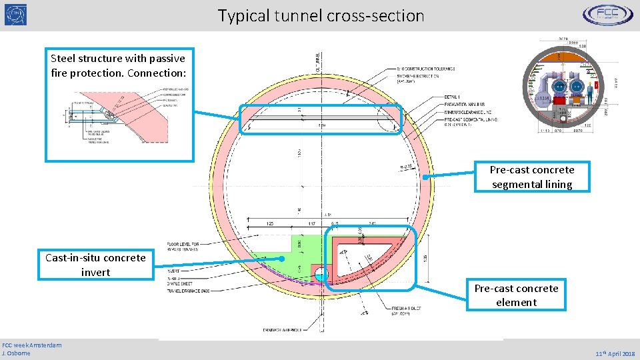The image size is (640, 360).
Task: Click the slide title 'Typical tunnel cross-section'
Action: pyautogui.click(x=321, y=15)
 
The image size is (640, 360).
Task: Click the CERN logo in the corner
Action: pyautogui.click(x=16, y=15)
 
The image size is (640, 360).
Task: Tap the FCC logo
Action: pyautogui.click(x=607, y=15)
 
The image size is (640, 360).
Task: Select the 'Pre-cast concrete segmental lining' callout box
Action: pyautogui.click(x=532, y=177)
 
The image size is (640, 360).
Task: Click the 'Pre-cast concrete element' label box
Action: pyautogui.click(x=516, y=295)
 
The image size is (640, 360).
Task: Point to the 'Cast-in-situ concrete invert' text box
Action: pyautogui.click(x=95, y=265)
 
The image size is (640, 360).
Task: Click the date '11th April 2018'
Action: pyautogui.click(x=615, y=354)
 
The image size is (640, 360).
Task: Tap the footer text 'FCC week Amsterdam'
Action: pyautogui.click(x=32, y=345)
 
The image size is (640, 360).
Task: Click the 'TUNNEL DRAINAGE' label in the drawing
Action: pyautogui.click(x=187, y=291)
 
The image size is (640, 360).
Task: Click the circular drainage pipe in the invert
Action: pyautogui.click(x=321, y=273)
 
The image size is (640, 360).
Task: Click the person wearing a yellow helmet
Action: pyautogui.click(x=587, y=96)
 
